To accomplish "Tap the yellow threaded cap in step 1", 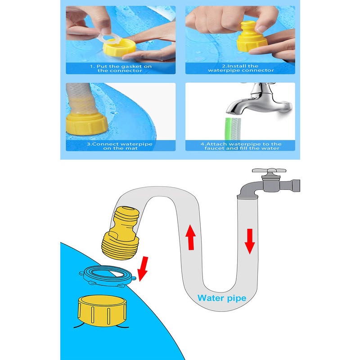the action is point(119,49).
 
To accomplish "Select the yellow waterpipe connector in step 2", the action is point(252,37).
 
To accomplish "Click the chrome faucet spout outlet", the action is point(233,112).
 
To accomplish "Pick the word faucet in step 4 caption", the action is point(214,148).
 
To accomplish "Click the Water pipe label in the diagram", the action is point(222,298).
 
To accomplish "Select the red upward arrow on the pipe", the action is point(190,237).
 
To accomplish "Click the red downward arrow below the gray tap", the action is point(250,241).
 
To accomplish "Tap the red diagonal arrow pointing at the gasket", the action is point(143,269).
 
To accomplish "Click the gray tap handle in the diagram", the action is point(269,171).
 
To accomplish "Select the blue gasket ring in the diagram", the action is point(107,276).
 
